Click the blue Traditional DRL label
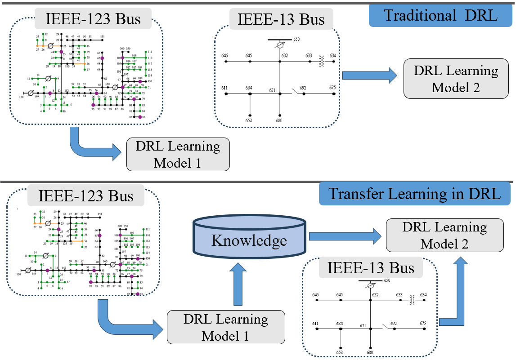point(440,16)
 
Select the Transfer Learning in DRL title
point(414,194)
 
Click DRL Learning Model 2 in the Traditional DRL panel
point(456,79)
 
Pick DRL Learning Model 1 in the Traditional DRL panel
point(178,154)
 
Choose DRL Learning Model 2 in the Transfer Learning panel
point(444,235)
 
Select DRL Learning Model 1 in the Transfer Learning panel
point(226,327)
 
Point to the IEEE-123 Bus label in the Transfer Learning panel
point(86,196)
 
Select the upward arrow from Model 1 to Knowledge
point(239,284)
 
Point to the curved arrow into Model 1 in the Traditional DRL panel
point(94,147)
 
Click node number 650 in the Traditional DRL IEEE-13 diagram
point(296,40)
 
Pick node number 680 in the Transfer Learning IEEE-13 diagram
point(370,353)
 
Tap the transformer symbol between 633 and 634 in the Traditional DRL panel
point(321,61)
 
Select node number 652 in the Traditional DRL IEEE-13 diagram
point(249,120)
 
